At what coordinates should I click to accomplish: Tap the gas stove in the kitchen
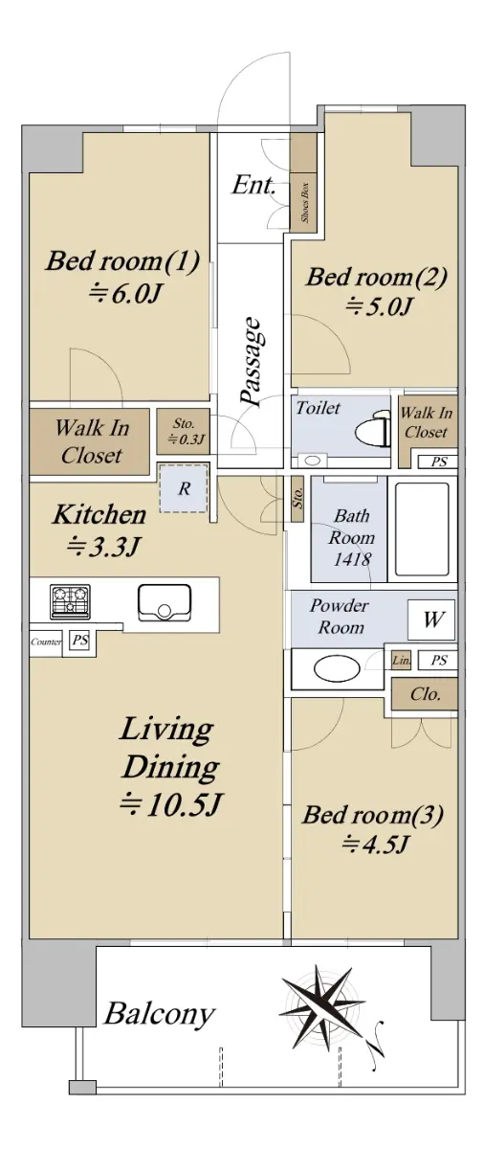point(70,601)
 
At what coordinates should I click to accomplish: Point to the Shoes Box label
point(305,202)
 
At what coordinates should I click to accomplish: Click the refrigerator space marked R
point(184,487)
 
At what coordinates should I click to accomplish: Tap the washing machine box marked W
point(431,620)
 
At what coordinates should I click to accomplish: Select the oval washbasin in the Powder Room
point(337,668)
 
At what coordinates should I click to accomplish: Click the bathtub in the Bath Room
point(422,529)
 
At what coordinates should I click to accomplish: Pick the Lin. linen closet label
point(402,660)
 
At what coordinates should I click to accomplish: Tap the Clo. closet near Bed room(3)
point(425,694)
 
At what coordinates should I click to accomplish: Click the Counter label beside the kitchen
point(46,642)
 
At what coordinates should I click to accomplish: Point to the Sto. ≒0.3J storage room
point(184,432)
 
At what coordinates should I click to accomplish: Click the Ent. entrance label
point(253,185)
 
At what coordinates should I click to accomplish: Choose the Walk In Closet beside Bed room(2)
point(426,422)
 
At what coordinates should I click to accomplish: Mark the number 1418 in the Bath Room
point(351,559)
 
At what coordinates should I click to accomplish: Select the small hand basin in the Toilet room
point(312,461)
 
